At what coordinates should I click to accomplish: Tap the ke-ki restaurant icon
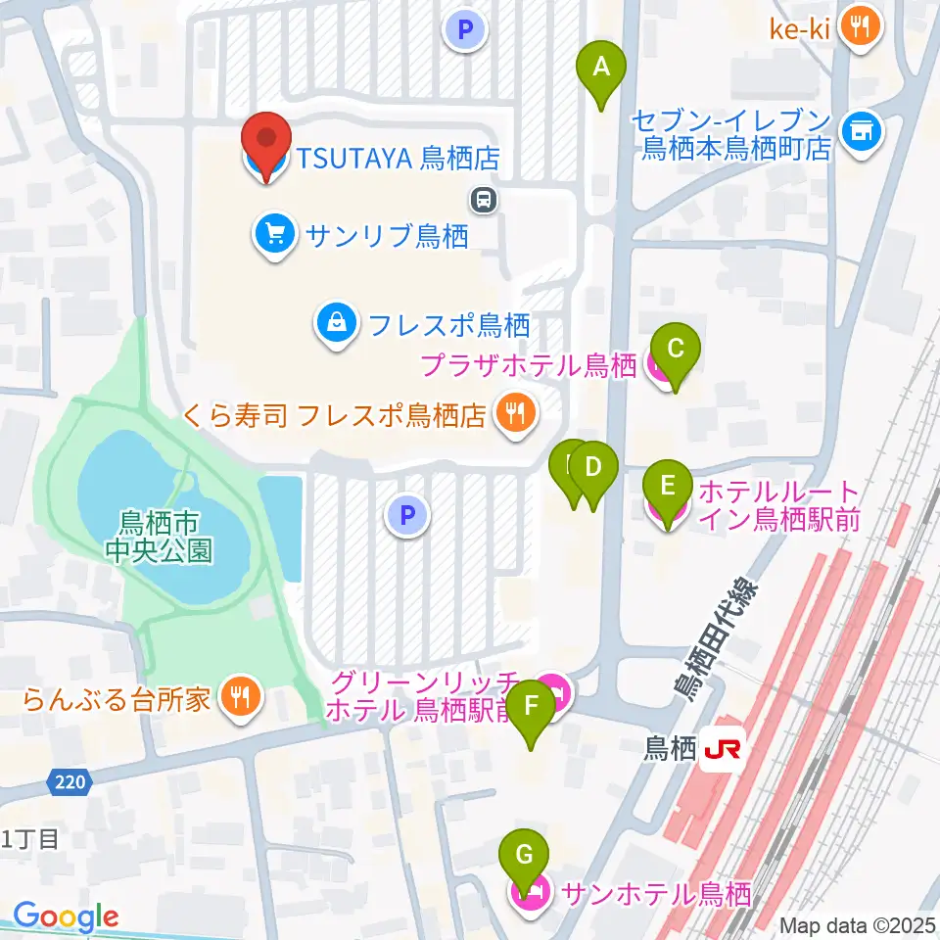(x=861, y=26)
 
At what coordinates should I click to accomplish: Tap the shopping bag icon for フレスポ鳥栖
(x=336, y=320)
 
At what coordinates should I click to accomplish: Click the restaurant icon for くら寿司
(x=514, y=414)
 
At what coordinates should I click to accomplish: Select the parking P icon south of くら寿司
(x=408, y=514)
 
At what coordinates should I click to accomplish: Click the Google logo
(x=67, y=917)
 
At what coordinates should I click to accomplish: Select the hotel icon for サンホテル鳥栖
(x=533, y=893)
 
